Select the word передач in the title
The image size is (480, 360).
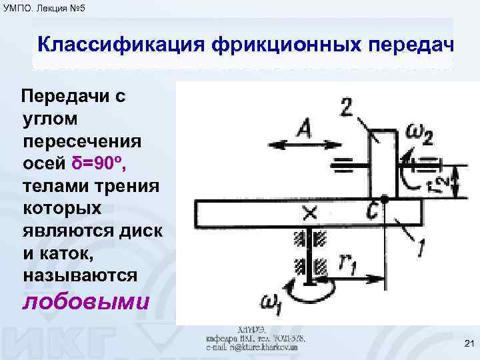[403, 47]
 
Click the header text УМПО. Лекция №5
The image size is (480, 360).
[44, 8]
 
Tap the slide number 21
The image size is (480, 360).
[466, 343]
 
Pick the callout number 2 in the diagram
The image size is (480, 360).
[346, 107]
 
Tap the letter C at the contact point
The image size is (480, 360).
[373, 209]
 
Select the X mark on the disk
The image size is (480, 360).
[309, 213]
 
